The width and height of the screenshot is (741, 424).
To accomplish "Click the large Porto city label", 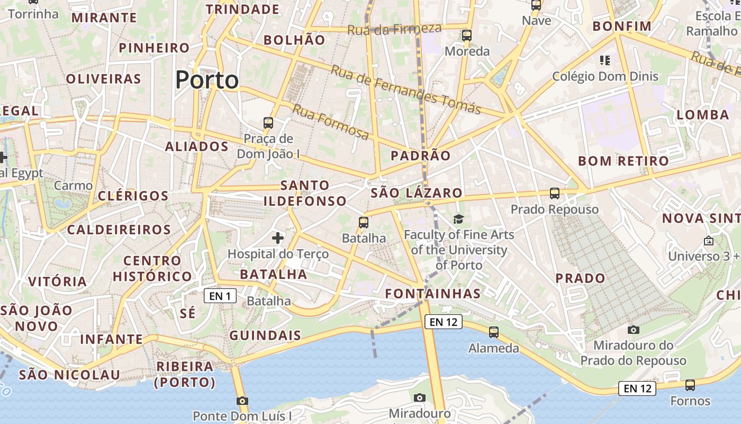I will (x=207, y=80).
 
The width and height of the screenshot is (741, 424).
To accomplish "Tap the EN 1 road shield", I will (x=220, y=296).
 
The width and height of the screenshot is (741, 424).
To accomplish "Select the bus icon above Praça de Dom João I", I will (x=268, y=123).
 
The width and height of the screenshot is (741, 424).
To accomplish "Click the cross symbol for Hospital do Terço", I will (x=278, y=238).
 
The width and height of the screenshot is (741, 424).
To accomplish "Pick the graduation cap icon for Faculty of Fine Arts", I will (x=458, y=219).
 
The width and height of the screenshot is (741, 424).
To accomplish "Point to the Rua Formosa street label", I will (x=331, y=122).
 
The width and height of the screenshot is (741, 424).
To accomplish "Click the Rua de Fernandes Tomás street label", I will (x=406, y=90).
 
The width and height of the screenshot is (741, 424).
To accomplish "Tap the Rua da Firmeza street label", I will (x=394, y=29).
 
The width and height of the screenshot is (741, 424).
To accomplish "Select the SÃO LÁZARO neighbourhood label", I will (x=417, y=193).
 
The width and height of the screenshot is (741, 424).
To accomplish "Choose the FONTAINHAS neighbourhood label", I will (x=433, y=294).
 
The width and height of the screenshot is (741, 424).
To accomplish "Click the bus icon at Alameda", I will (x=494, y=332).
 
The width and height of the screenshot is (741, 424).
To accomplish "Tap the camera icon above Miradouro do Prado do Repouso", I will (x=634, y=330).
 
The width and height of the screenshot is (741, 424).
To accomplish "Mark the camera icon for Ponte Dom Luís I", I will (x=242, y=401).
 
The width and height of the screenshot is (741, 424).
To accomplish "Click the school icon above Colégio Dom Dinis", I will (x=605, y=60).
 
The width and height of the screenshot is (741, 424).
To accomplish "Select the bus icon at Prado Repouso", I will (x=555, y=193).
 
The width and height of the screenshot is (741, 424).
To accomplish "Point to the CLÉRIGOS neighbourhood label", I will (x=133, y=196).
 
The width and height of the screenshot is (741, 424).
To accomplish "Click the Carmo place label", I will (x=73, y=185).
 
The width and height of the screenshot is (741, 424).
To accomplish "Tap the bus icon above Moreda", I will (x=467, y=36).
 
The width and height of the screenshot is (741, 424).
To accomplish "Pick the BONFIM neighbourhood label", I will (x=622, y=26).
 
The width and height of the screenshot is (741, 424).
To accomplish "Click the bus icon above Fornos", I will (x=690, y=385).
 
